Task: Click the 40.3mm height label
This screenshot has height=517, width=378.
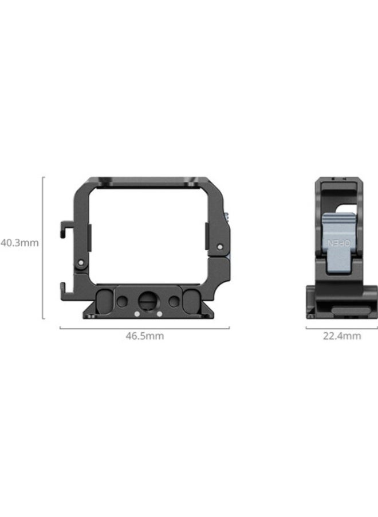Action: click(19, 243)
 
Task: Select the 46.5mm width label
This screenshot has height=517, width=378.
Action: click(145, 336)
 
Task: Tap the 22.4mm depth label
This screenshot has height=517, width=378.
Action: click(342, 336)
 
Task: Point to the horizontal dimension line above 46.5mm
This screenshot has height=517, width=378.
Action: click(144, 328)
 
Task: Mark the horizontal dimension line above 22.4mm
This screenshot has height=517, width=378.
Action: click(341, 328)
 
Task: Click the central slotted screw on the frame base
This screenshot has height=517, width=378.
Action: click(145, 300)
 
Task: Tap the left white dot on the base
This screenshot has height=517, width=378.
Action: click(136, 314)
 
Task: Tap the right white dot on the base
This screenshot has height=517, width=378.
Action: click(158, 314)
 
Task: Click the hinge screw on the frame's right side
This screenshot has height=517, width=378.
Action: click(220, 246)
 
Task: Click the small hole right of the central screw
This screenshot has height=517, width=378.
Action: click(173, 300)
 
